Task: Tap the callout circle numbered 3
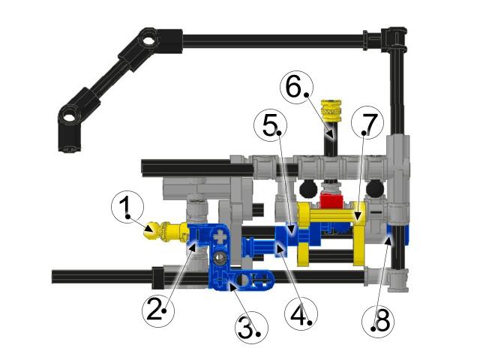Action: click(250, 327)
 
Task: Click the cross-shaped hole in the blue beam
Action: click(220, 238)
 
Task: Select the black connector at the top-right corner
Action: click(394, 35)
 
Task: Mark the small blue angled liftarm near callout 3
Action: click(247, 281)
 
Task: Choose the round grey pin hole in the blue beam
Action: click(219, 259)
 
